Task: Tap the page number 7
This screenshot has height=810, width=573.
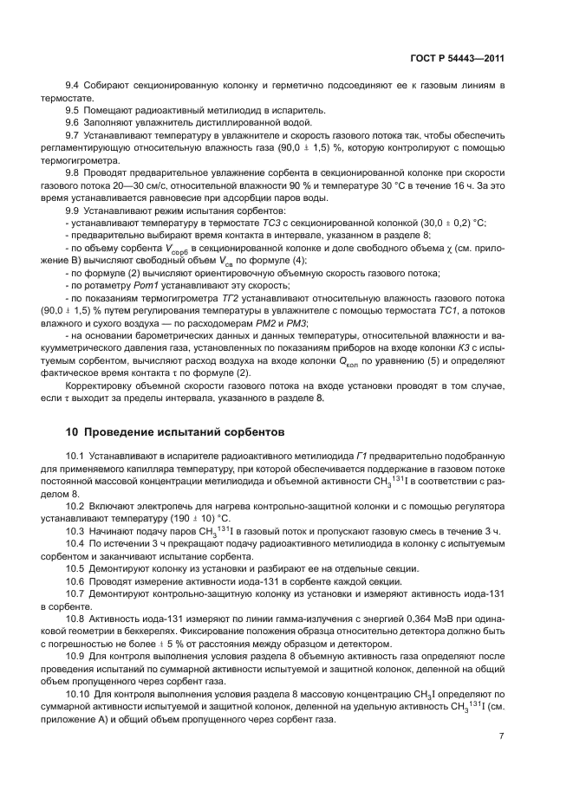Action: (x=502, y=736)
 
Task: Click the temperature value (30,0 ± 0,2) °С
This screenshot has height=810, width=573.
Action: (x=451, y=224)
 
